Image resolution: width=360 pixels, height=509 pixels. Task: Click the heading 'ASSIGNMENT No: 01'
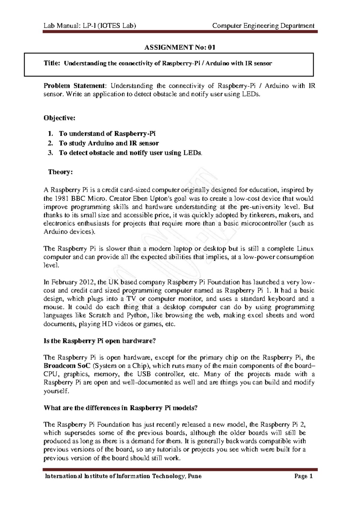180,47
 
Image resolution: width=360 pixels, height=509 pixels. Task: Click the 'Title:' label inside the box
52,63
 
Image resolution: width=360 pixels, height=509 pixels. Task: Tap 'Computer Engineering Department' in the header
263,26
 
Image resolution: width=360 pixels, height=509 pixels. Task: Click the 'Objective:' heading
59,118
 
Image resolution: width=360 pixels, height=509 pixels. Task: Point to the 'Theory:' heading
60,172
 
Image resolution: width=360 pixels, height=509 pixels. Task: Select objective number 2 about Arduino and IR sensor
109,143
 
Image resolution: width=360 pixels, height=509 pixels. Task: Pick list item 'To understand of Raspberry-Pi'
107,134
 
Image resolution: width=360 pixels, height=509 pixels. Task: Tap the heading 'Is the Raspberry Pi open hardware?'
100,341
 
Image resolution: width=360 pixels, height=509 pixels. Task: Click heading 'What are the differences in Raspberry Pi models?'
121,408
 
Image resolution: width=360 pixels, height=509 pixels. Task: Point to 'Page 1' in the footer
304,476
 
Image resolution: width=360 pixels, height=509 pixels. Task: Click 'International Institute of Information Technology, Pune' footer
123,476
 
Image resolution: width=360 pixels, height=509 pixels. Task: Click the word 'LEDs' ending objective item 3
192,153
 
